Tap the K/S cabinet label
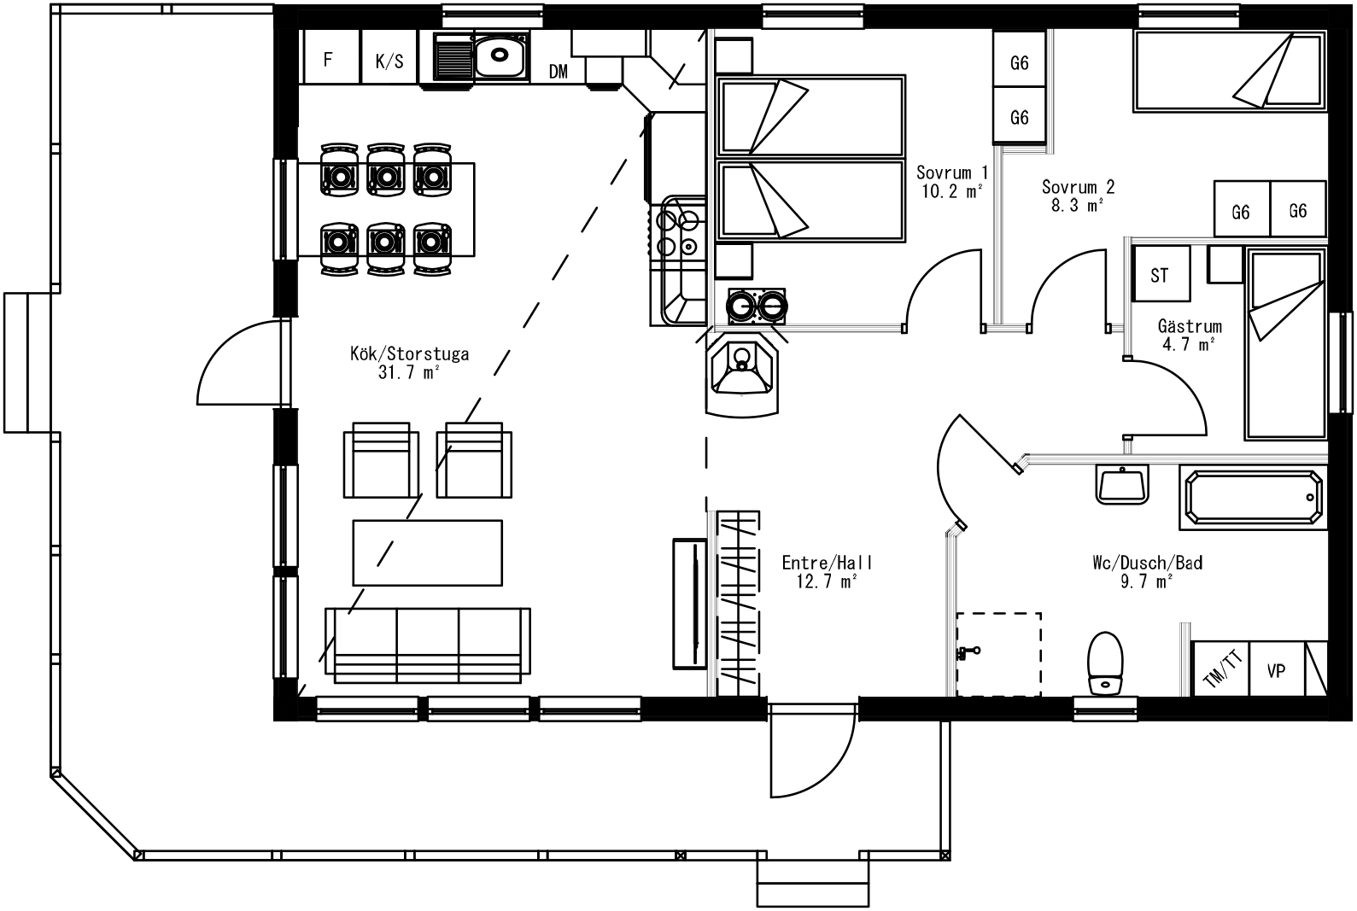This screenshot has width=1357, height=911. tap(389, 61)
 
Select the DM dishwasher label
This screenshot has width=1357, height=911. tap(558, 71)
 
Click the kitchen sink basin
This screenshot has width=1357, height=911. tap(499, 57)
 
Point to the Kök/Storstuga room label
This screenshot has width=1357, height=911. tap(409, 353)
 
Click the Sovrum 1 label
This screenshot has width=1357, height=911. tap(951, 172)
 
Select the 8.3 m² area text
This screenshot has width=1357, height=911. tap(1077, 205)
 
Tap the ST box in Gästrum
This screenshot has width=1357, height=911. tap(1160, 274)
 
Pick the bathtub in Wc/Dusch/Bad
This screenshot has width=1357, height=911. tap(1254, 496)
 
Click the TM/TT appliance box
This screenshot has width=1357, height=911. tap(1221, 669)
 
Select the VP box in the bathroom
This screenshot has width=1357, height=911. tap(1276, 671)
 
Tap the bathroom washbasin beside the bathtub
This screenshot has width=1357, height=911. tap(1122, 485)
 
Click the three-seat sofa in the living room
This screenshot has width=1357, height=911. tap(427, 645)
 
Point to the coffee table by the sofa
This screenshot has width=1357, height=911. tap(427, 553)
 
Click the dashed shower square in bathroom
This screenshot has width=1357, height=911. tap(998, 654)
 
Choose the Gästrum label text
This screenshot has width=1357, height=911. tap(1189, 326)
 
